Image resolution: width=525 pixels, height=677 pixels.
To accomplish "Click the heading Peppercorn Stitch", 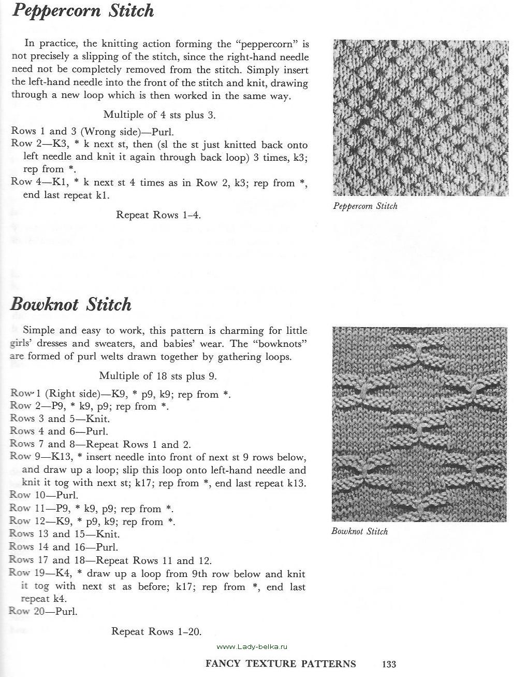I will (82, 11).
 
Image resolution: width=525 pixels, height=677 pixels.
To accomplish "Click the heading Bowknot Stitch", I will (71, 304).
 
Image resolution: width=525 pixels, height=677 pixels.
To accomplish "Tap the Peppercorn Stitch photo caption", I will (366, 206).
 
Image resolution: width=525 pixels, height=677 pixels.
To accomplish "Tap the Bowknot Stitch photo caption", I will (359, 531).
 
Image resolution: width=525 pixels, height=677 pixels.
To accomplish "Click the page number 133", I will (389, 664).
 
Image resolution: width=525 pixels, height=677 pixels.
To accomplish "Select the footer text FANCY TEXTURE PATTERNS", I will (281, 664).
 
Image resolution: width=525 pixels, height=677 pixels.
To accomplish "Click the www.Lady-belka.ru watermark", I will (252, 646).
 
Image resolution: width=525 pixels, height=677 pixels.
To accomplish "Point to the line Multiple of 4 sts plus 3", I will (159, 115).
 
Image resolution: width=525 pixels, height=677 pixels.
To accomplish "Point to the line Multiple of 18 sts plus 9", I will (157, 376).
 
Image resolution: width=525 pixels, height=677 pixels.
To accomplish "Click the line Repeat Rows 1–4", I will (158, 215).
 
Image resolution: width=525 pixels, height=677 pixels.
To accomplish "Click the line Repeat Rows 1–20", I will (156, 631).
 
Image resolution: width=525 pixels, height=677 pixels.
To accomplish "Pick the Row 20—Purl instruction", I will (43, 611).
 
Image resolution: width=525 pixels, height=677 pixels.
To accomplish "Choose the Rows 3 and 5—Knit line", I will (60, 418).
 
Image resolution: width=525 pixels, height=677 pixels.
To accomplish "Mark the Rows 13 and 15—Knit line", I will (65, 534).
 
